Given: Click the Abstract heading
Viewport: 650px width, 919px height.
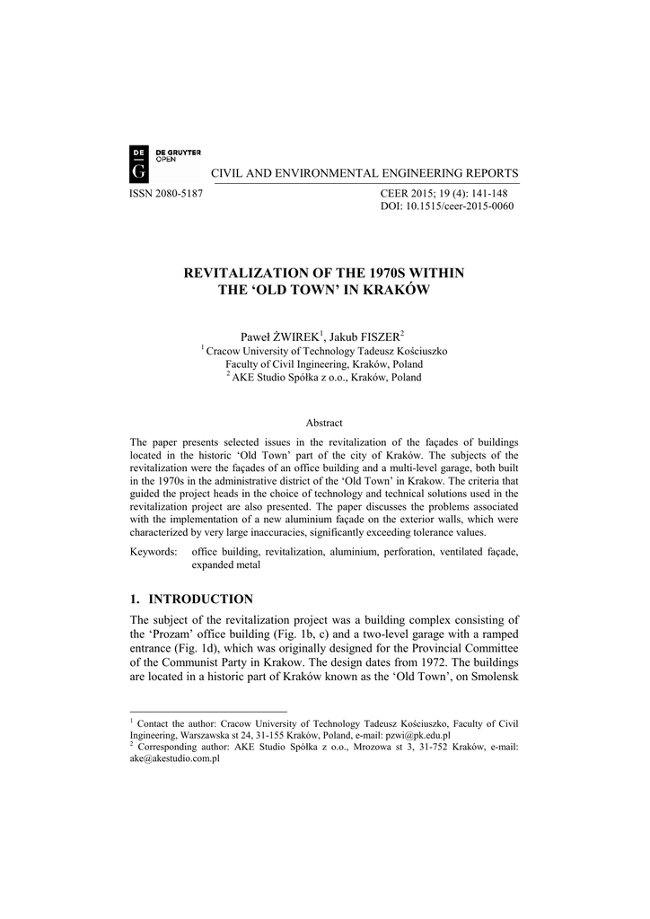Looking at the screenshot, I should (324, 423).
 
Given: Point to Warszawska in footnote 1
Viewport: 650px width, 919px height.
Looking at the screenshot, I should (194, 734).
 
